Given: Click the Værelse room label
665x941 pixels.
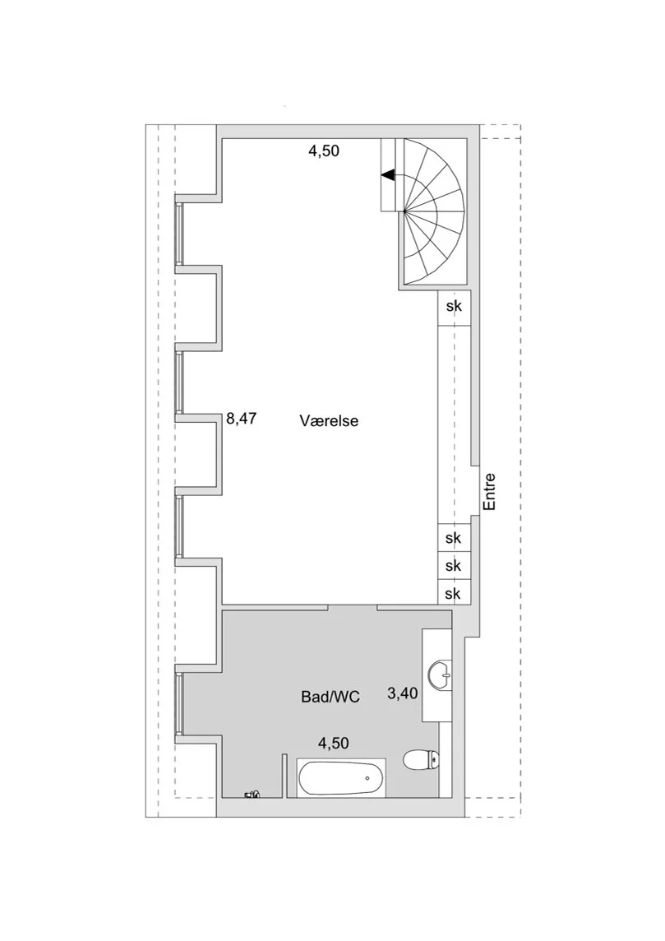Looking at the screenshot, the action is point(329,420).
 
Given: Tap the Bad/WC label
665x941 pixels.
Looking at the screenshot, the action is point(330,697).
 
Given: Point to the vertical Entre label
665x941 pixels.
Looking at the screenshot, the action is point(490,492).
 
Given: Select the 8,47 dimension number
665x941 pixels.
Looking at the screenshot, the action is point(241,419).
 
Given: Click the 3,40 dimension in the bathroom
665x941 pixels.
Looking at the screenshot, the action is point(402,693).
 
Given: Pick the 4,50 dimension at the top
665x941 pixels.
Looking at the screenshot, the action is point(324,151).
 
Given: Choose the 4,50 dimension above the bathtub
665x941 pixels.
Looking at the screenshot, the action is point(334,743).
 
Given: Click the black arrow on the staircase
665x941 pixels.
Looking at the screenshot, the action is point(388,175).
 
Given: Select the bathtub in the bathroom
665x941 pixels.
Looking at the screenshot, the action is point(341,778).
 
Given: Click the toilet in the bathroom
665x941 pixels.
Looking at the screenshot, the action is point(422,760).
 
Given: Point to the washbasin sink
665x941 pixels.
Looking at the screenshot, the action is point(441,675).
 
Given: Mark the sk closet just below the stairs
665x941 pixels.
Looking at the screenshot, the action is point(454,306).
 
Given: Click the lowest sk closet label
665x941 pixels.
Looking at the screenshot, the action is point(453,594).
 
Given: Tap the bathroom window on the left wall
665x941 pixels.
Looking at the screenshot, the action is point(178,704).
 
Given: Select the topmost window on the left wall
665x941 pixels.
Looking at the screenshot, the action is point(178,234).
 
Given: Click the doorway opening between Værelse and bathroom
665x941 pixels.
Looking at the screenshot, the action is point(353,607).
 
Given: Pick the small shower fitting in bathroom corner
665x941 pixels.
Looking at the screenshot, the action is point(252,795).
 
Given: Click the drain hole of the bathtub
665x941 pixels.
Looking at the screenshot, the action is point(367,778).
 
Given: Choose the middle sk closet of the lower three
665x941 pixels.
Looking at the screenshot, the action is point(454,566).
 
